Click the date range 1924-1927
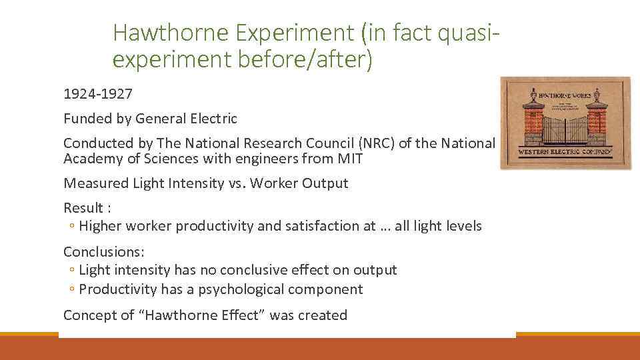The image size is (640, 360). pyautogui.click(x=97, y=94)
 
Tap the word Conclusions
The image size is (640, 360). pyautogui.click(x=103, y=251)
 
